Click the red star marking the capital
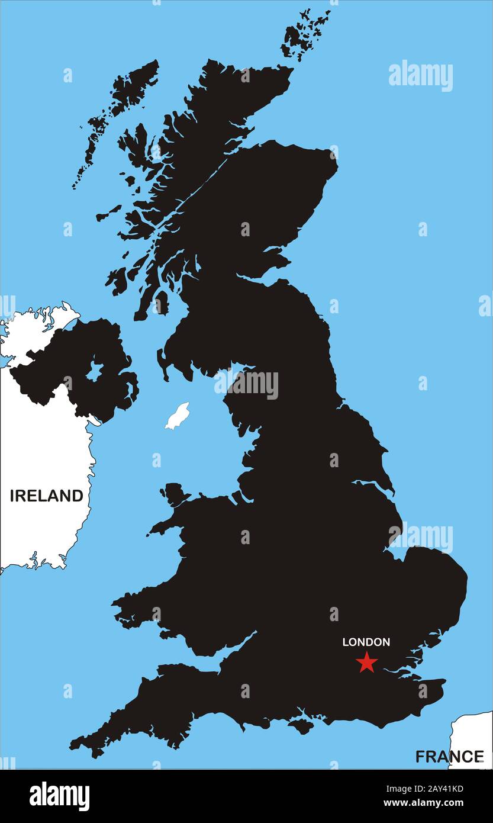tap(367, 662)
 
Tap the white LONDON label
tap(366, 642)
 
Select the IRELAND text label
tap(46, 496)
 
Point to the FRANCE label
tap(449, 756)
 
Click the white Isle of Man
tap(177, 416)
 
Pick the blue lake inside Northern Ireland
tap(94, 372)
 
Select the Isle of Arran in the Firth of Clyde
tap(160, 303)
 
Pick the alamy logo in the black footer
tap(59, 796)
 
